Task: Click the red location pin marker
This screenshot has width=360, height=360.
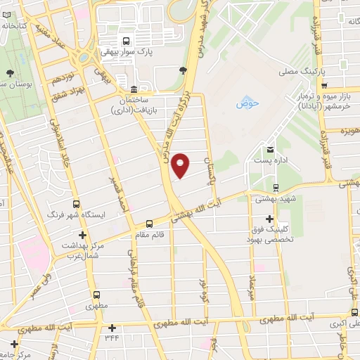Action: (181, 163)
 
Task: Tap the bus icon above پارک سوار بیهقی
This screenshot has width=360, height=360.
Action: (126, 40)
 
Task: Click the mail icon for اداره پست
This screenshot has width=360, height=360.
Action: (270, 149)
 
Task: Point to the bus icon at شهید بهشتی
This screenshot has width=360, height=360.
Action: (275, 187)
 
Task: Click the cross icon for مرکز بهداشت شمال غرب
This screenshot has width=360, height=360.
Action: (83, 235)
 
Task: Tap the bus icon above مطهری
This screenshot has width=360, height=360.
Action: (96, 295)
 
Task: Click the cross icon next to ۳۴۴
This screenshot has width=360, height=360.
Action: (112, 327)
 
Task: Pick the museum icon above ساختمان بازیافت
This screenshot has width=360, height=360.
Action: (134, 90)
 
